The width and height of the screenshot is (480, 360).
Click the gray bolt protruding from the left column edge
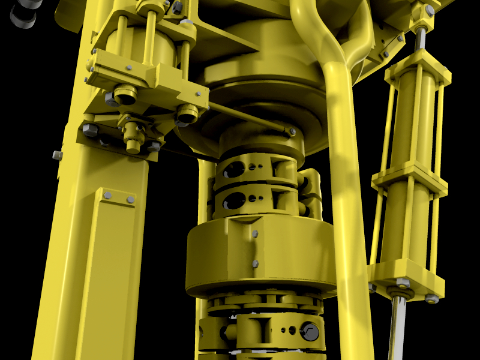pyautogui.click(x=58, y=155)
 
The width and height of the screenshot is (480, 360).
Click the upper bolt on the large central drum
pyautogui.click(x=256, y=233)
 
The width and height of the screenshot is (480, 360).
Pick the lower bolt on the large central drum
pyautogui.click(x=255, y=263)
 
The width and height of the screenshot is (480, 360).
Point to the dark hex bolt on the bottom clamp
pyautogui.click(x=310, y=331)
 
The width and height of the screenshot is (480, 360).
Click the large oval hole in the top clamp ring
pyautogui.click(x=233, y=170)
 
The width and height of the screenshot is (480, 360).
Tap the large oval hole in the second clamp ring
pyautogui.click(x=233, y=200)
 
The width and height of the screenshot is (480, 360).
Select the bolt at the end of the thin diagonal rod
pyautogui.click(x=292, y=131)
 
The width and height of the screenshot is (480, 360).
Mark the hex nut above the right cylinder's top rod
pyautogui.click(x=430, y=11)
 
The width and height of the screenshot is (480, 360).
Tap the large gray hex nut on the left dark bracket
pyautogui.click(x=90, y=130)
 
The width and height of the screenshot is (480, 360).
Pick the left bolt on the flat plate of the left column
pyautogui.click(x=108, y=195)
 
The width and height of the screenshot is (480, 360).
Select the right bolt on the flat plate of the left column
pyautogui.click(x=130, y=199)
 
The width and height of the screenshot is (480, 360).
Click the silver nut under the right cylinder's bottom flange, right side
pyautogui.click(x=431, y=298)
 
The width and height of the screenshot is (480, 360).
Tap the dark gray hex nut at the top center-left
pyautogui.click(x=177, y=8)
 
